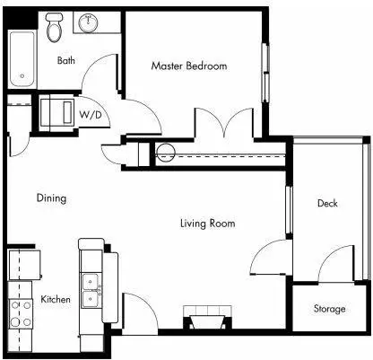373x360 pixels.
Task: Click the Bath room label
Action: (66, 60)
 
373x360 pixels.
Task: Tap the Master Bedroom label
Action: (189, 66)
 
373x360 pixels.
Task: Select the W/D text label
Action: (91, 115)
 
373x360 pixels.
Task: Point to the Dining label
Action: (51, 198)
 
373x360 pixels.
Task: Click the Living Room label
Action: (208, 224)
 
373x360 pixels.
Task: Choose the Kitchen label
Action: (56, 299)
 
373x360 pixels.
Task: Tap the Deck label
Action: (327, 204)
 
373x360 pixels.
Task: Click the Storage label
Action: (329, 309)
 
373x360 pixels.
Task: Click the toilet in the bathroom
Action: (54, 27)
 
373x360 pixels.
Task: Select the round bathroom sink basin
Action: (88, 22)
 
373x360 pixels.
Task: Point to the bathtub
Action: (22, 59)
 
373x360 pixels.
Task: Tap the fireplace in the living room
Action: (207, 317)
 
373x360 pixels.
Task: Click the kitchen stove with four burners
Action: (20, 313)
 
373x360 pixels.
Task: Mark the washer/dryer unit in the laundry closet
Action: (56, 112)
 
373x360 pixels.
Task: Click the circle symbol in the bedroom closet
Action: (165, 153)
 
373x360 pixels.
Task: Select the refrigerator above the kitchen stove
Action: (24, 265)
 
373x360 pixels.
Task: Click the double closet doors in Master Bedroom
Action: (224, 123)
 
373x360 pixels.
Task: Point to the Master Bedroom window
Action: (265, 73)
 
